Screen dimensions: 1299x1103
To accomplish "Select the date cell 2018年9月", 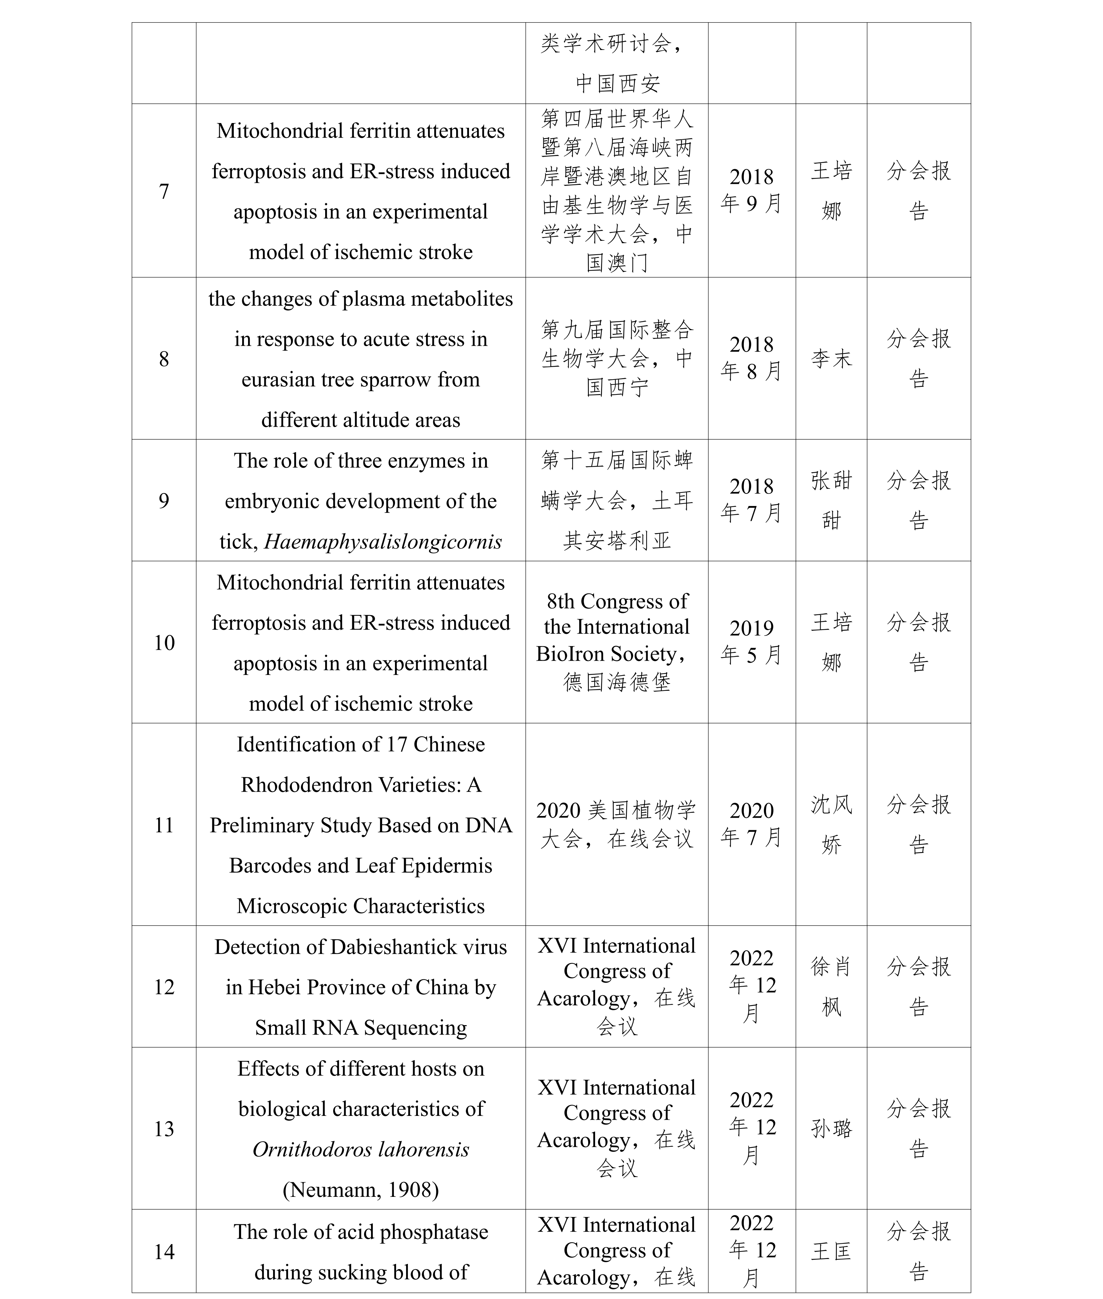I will coord(751,190).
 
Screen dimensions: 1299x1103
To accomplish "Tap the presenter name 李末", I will coord(831,359).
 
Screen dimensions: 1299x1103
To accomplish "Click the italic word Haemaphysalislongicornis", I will coord(383,542).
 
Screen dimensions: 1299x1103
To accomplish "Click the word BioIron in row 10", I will coord(570,654).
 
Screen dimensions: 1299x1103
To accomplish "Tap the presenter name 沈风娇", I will coord(831,824).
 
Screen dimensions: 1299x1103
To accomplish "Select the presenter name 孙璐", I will coord(831,1128).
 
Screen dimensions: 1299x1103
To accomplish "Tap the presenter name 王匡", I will coord(831,1251).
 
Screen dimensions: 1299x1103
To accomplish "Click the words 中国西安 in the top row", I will coord(617,83).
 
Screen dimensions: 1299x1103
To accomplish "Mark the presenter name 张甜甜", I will coord(831,500).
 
